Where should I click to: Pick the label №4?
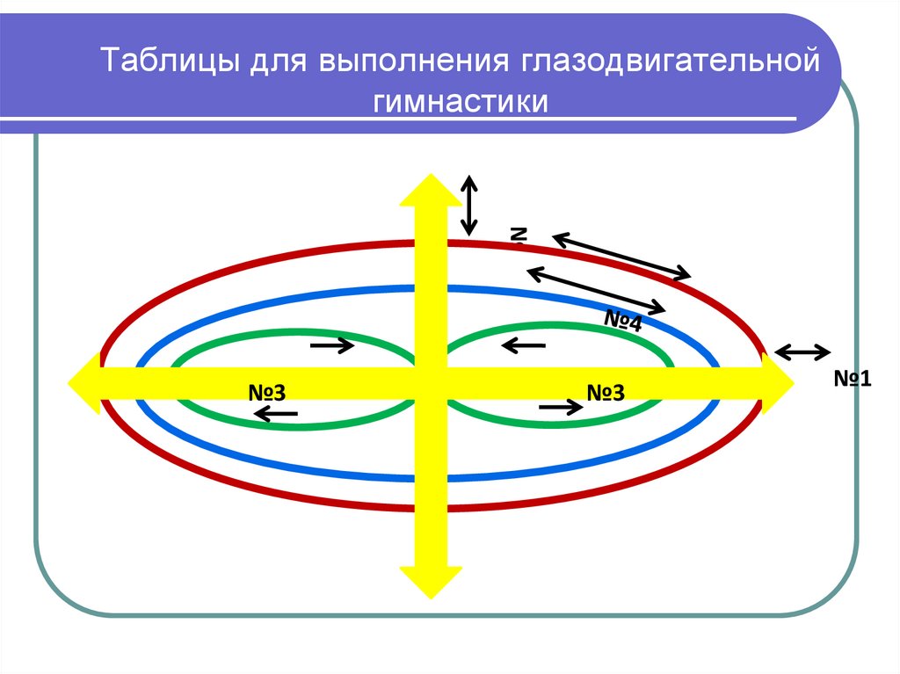point(622,320)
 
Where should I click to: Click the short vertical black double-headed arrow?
point(470,205)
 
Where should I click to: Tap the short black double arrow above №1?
point(802,352)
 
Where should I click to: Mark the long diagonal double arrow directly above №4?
point(596,288)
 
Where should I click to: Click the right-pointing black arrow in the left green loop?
point(332,346)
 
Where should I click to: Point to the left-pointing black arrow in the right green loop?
point(524,347)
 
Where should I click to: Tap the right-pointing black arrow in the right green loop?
point(561,407)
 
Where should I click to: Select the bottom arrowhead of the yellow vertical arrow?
point(430,580)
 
